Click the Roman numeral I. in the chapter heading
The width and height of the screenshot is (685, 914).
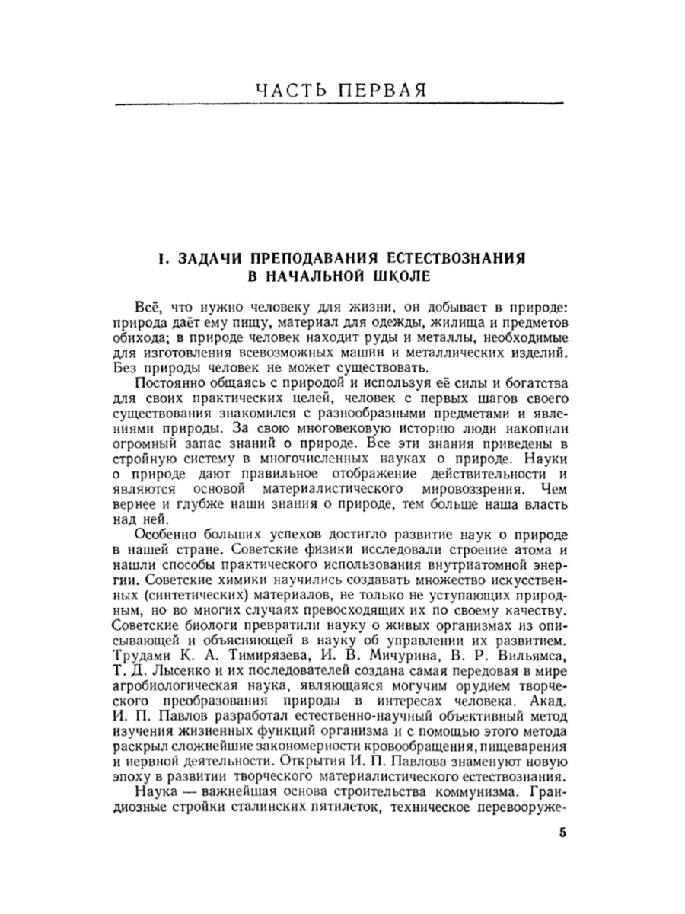pyautogui.click(x=162, y=258)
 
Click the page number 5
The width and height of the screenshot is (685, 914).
pyautogui.click(x=562, y=832)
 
